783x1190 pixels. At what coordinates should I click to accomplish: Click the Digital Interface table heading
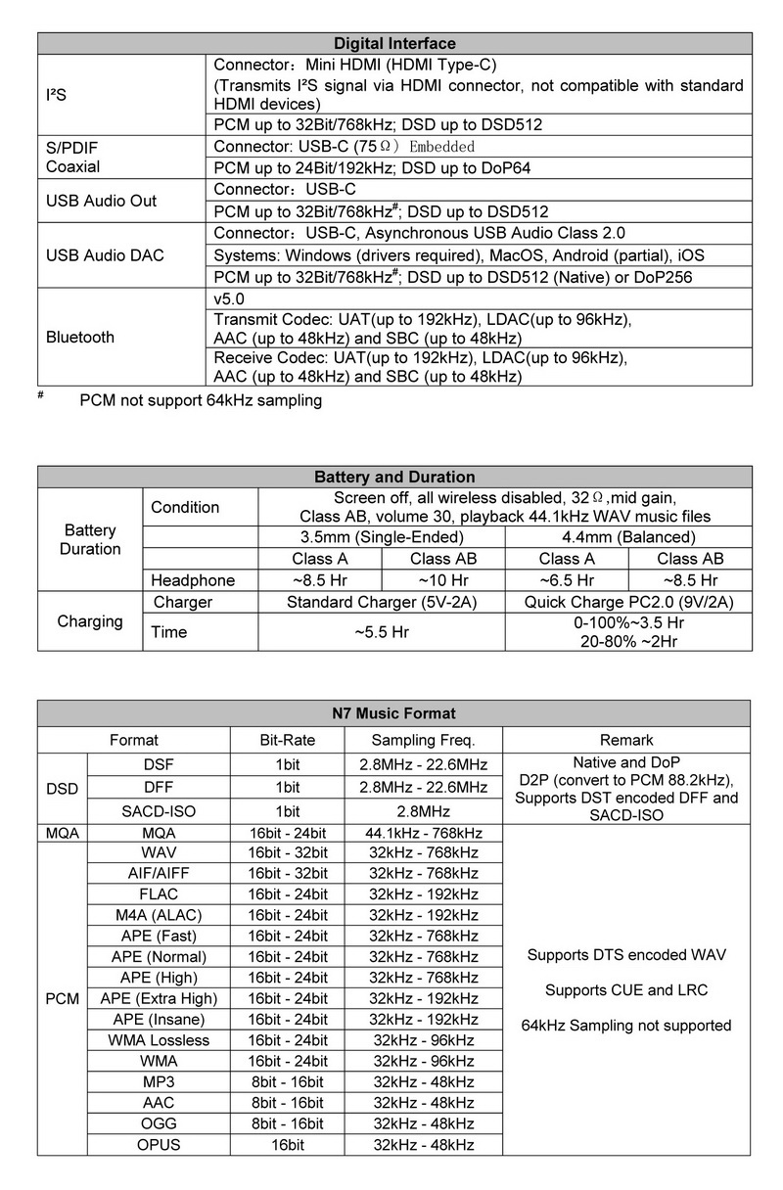394,43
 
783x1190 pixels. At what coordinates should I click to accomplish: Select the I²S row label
57,96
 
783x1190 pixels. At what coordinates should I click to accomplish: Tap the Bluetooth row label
80,337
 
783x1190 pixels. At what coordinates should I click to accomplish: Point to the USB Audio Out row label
101,201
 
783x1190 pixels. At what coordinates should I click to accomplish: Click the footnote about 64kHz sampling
201,400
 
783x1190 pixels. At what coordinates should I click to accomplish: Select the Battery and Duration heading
394,477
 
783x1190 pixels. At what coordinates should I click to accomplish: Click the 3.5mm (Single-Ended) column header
382,537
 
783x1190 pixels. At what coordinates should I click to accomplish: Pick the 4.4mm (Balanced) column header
628,537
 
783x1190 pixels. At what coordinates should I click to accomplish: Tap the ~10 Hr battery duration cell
443,580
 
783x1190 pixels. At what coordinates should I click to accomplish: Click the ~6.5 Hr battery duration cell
567,580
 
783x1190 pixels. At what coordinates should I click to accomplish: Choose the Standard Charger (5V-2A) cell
382,602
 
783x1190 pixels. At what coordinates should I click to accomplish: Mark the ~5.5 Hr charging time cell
382,632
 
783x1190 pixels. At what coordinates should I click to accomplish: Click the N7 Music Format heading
394,713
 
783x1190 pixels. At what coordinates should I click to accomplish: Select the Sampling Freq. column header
424,740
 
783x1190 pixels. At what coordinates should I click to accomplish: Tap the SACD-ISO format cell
160,810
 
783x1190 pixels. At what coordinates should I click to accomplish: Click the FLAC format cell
160,894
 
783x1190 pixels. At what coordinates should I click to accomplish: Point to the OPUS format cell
160,1145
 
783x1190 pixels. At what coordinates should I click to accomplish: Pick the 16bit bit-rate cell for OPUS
288,1145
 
